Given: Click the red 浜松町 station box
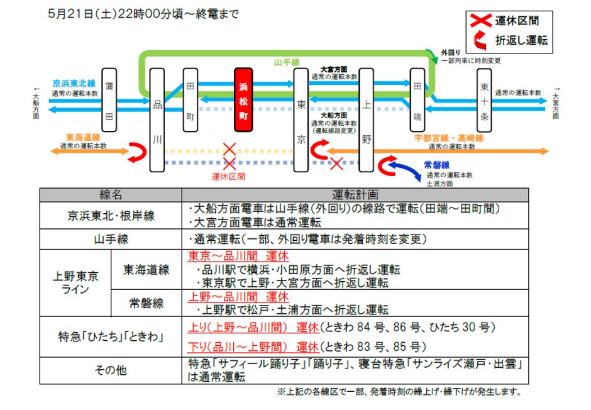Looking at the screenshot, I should pos(243,100).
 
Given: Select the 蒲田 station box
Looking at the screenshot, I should pos(109,99).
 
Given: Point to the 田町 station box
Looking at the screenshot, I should pos(190,99).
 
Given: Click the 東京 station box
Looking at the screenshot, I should pos(302,119).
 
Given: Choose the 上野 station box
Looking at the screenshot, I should pos(367,119).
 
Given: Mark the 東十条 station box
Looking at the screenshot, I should pos(483,99).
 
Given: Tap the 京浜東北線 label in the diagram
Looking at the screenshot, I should pos(74,83).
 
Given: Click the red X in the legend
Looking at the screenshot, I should pos(481,21).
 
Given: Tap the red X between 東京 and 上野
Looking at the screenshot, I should pos(336,164).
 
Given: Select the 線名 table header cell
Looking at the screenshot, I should pos(111,195).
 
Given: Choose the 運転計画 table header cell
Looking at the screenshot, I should pos(355,195).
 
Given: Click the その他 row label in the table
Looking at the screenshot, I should pos(111,370).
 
